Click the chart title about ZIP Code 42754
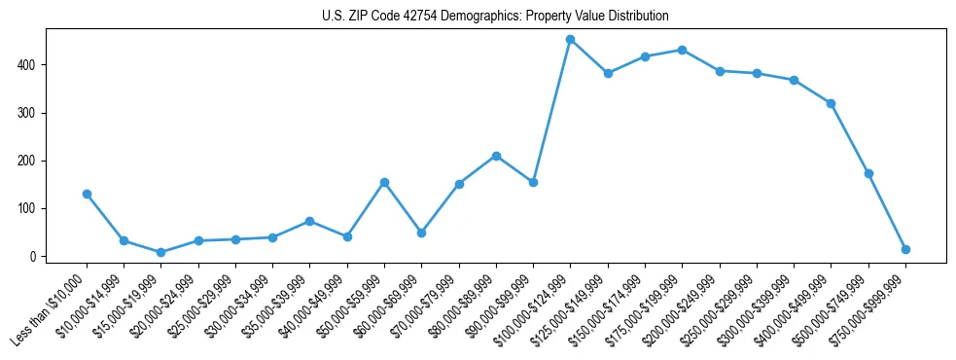tap(495, 17)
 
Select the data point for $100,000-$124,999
tap(571, 40)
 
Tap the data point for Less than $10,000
tap(87, 194)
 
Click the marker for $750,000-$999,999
tap(905, 249)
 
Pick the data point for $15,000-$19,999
tap(160, 252)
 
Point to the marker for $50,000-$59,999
tap(384, 182)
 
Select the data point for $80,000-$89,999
tap(496, 156)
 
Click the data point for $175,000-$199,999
tap(682, 50)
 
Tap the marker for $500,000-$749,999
tap(868, 173)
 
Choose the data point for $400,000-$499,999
tap(831, 103)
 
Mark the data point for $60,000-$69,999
tap(421, 233)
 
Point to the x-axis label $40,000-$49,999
tap(313, 310)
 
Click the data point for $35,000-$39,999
tap(309, 221)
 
